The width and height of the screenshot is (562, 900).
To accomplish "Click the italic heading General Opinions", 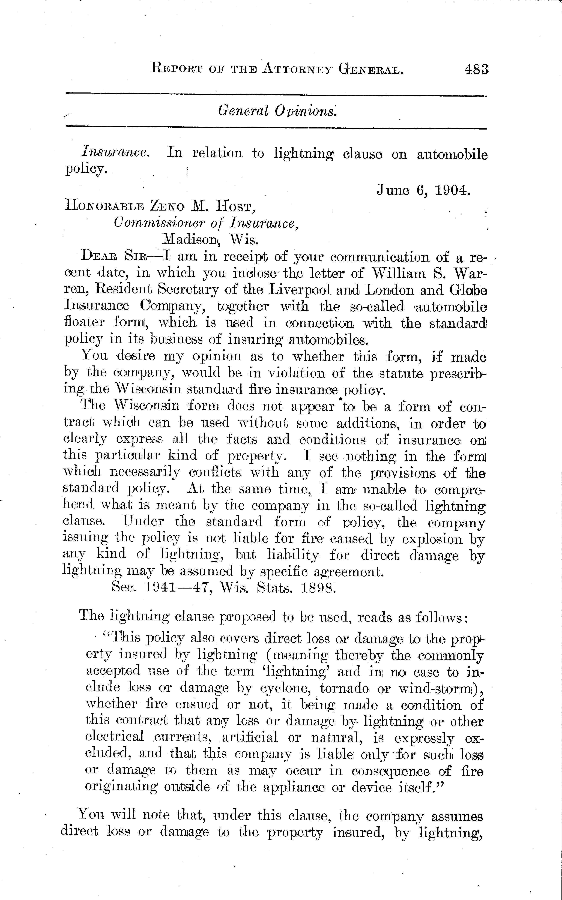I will click(277, 110).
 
